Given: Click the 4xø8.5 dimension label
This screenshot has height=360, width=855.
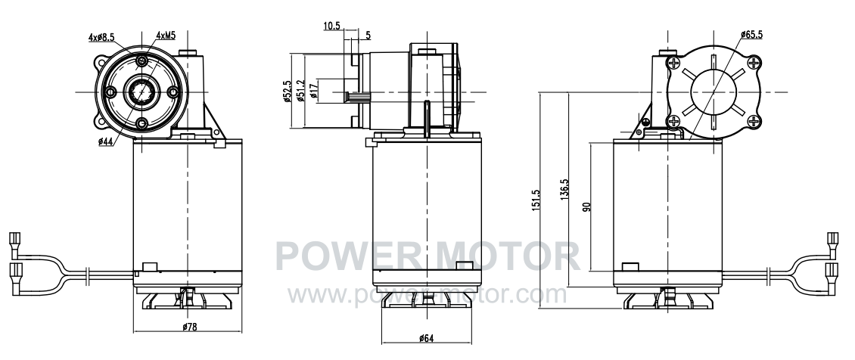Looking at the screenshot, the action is tap(101, 37).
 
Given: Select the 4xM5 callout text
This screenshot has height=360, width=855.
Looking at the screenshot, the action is tap(166, 36).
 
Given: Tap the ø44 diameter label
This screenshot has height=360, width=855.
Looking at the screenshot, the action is tap(105, 141).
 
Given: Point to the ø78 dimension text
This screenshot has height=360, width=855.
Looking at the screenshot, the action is tap(189, 327).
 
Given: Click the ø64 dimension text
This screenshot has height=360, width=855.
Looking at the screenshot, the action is tap(427, 338).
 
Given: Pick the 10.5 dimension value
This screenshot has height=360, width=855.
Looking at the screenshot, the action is tap(332, 26).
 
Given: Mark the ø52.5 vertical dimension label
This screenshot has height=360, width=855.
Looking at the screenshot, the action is tap(287, 91).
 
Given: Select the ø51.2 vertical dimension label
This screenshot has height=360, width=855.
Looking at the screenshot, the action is tap(300, 91).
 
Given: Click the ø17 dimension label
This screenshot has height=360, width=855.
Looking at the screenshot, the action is tap(313, 91).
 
